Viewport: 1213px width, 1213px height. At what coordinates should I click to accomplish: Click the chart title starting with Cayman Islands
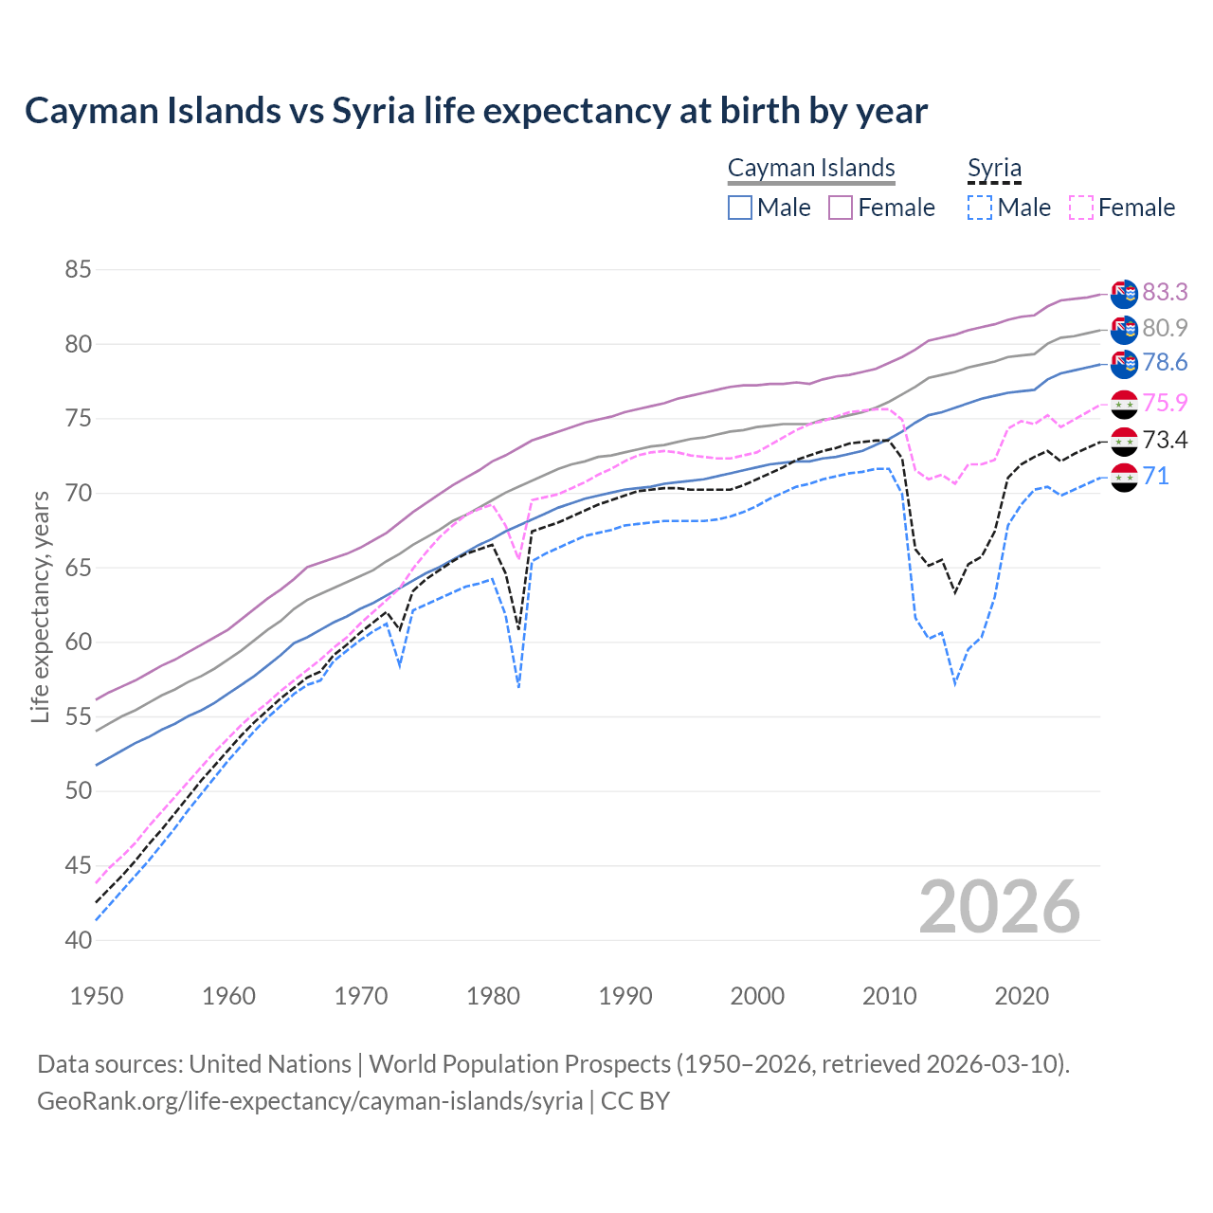pos(476,111)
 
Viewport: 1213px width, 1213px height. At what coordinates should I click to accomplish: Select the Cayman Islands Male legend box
pos(740,208)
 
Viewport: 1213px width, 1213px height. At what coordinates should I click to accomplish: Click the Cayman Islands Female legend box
pos(841,208)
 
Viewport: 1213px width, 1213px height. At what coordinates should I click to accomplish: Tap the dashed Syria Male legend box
pos(980,208)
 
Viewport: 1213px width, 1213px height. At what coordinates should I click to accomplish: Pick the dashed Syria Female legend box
pos(1081,208)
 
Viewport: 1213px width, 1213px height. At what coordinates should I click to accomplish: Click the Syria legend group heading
pos(994,169)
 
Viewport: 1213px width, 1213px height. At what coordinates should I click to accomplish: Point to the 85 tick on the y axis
pos(78,270)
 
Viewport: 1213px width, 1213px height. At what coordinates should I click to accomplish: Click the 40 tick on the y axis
pos(78,940)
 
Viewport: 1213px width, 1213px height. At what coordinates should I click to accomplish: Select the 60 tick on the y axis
pos(78,643)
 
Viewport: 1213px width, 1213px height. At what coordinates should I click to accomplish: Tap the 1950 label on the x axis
pos(97,996)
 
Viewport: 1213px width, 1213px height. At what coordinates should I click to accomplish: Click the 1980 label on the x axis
pos(494,996)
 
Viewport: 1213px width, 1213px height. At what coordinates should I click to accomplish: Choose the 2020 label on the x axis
pos(1022,996)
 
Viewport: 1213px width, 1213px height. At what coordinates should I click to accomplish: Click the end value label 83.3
pos(1165,293)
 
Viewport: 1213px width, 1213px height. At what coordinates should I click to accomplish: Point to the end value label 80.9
pos(1165,329)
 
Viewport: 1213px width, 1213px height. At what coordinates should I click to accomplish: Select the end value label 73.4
pos(1165,440)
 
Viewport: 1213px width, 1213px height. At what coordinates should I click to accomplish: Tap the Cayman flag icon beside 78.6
pos(1124,364)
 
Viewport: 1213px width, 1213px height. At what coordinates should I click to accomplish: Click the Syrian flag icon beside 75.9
pos(1124,404)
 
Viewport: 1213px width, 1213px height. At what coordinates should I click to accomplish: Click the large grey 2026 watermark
pos(1000,907)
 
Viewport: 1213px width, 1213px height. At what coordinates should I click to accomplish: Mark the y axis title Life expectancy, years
pos(41,606)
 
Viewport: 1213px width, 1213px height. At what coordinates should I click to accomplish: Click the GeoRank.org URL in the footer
pos(310,1101)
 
